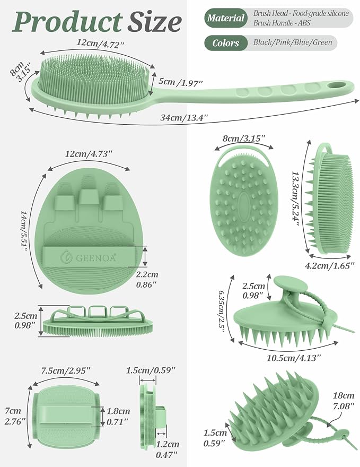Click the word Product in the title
67,22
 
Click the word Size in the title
154,22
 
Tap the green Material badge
226,18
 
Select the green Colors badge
226,43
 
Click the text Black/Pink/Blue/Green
293,42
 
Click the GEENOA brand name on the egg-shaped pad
96,257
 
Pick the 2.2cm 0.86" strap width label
147,279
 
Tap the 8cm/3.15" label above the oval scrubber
244,139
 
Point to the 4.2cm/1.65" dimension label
330,265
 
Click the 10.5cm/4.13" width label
293,357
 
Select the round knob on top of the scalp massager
291,284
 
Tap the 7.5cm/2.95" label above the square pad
65,371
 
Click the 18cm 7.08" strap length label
344,401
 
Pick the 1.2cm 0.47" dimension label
167,449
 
